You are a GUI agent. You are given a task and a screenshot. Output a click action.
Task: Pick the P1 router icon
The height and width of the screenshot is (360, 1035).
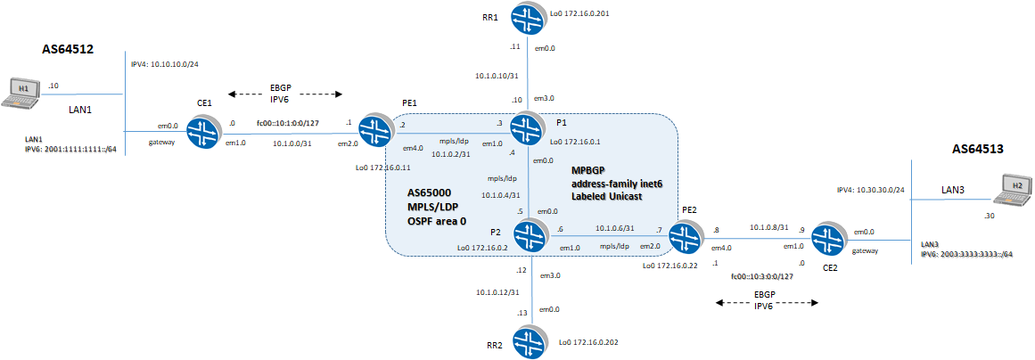click(530, 130)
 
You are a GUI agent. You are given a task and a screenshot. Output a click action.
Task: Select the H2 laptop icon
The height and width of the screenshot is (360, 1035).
click(1014, 186)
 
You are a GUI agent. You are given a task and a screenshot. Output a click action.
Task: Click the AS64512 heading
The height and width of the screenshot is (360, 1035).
click(69, 51)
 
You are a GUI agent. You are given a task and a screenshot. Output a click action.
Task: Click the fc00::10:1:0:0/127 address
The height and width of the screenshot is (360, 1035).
click(289, 122)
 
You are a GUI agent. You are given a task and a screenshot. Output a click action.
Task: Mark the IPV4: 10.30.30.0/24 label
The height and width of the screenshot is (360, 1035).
click(872, 190)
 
